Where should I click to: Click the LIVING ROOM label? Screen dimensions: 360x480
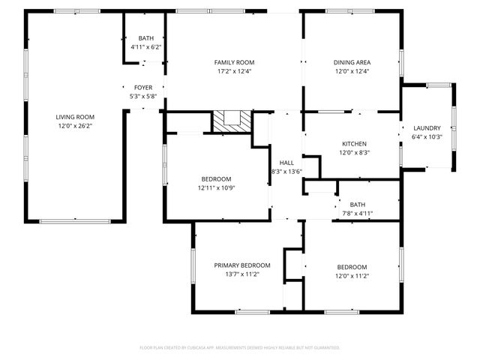point(75,116)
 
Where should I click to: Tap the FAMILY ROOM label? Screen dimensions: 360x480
point(234,62)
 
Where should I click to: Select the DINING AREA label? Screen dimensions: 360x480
point(352,62)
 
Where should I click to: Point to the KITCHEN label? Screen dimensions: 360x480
point(354,143)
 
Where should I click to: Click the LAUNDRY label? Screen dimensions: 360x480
point(427,128)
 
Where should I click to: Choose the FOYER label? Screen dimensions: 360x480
point(143,88)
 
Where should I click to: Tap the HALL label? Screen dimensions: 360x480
point(286,163)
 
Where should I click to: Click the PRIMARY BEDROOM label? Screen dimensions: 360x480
point(241,265)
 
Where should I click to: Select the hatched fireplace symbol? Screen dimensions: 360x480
point(230,121)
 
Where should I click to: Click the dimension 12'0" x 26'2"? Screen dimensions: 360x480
point(75,126)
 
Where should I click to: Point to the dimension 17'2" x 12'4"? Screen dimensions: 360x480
point(234,72)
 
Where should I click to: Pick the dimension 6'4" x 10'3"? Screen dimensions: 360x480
point(427,137)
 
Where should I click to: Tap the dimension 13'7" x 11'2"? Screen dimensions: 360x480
point(241,275)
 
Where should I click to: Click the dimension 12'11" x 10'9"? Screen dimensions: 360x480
point(216,188)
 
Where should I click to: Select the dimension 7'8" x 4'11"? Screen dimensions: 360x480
point(357,214)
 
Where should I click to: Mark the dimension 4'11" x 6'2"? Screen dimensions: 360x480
point(145,47)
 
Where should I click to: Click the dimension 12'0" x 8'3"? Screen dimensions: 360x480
point(354,153)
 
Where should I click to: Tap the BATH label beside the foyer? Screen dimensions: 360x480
point(145,38)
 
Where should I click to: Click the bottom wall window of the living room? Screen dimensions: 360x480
point(75,221)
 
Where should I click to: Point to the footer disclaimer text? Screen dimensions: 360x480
point(240,348)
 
